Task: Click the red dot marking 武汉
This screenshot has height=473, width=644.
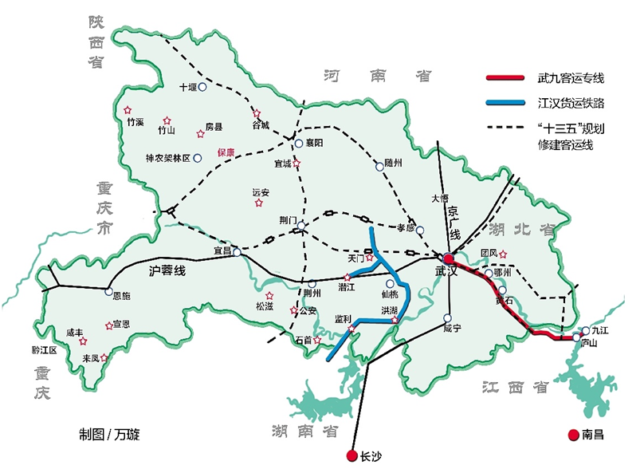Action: click(449, 258)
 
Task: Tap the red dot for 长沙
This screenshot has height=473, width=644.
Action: click(351, 456)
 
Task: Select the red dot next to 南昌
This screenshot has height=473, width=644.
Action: click(573, 435)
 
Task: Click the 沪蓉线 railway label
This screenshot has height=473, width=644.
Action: click(167, 271)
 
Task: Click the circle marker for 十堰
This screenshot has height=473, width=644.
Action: click(202, 87)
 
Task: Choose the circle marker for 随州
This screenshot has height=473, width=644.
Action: click(379, 166)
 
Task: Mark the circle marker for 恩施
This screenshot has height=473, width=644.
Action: click(109, 292)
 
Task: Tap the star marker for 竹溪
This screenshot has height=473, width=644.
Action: click(127, 111)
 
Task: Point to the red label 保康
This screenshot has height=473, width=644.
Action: click(226, 152)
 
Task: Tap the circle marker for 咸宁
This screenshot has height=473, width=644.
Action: click(447, 318)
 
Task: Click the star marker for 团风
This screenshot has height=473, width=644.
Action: click(503, 255)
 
